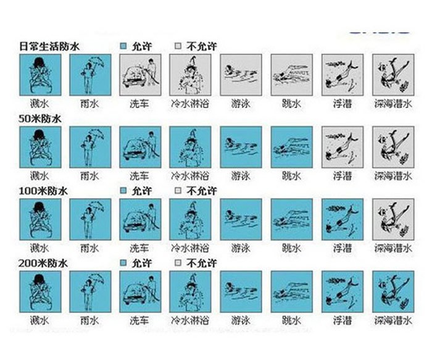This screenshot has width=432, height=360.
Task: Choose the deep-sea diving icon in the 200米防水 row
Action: click(x=393, y=291)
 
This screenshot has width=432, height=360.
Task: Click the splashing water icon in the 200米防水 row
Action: click(x=40, y=291)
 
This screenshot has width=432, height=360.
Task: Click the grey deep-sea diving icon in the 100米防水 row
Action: click(x=393, y=219)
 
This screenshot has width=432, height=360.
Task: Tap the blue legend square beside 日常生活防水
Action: click(x=123, y=46)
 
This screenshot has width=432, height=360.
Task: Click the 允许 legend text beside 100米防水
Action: click(x=141, y=191)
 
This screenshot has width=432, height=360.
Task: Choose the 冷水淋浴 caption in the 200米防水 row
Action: click(x=190, y=320)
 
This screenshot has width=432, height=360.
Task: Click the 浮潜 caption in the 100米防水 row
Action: click(x=342, y=248)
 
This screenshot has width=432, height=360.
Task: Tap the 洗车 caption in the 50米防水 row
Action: click(x=140, y=175)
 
